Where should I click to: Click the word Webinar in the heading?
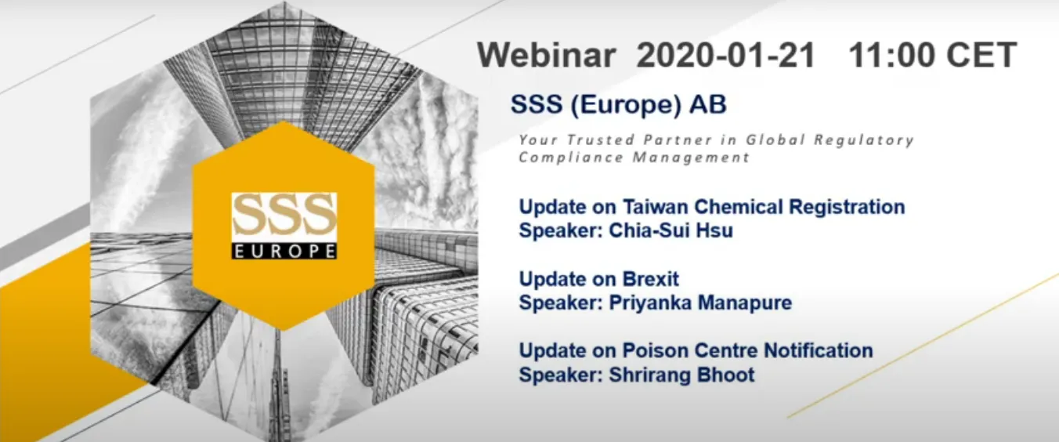point(547,55)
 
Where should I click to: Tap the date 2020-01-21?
point(726,55)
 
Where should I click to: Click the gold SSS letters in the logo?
point(284,216)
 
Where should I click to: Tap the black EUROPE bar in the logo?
point(284,251)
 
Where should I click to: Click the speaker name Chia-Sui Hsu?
point(671,231)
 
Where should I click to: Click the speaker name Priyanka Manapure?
point(700,303)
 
